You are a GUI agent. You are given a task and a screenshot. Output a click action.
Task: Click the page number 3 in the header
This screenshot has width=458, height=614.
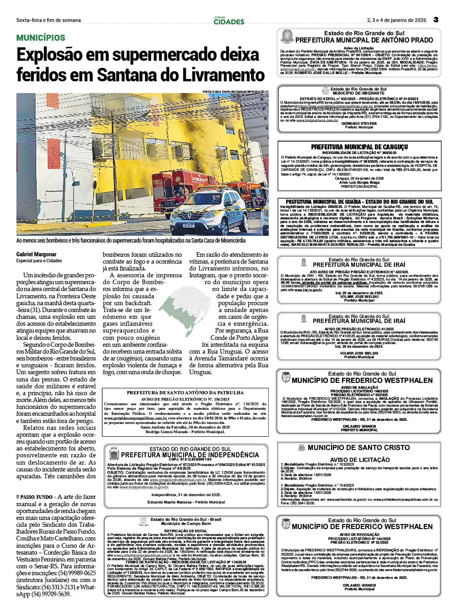coord(436,20)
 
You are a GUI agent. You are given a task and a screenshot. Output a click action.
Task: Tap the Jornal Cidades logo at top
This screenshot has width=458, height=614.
coord(229,21)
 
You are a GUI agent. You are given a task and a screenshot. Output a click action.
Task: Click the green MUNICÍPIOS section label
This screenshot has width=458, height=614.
coord(41,38)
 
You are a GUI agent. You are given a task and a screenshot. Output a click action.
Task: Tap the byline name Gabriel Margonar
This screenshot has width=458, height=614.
coord(37,254)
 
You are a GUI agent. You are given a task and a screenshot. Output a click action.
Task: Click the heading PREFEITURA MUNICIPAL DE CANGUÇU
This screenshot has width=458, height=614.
coord(359,147)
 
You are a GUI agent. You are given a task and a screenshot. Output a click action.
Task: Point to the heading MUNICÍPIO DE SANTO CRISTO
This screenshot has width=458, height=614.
coord(358,448)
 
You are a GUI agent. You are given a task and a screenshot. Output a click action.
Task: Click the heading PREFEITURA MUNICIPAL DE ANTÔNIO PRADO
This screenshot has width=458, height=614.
coord(364,40)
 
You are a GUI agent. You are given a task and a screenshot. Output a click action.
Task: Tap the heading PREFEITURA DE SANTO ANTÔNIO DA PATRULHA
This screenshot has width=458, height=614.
coord(185,392)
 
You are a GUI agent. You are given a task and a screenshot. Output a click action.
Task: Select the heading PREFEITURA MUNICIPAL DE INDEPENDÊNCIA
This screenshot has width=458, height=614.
coord(190,455)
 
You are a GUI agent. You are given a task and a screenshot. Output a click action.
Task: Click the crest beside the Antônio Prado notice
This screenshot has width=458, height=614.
coord(287,37)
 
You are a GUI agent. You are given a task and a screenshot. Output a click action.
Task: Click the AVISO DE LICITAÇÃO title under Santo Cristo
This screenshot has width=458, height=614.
coord(360,460)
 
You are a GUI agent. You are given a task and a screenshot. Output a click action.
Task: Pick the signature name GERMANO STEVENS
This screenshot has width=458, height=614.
coord(359,123)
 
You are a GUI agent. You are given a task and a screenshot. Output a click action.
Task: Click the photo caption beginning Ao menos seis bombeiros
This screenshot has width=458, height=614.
coord(131,241)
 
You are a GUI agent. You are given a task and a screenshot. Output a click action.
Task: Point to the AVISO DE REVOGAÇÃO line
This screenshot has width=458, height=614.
coord(359,535)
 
